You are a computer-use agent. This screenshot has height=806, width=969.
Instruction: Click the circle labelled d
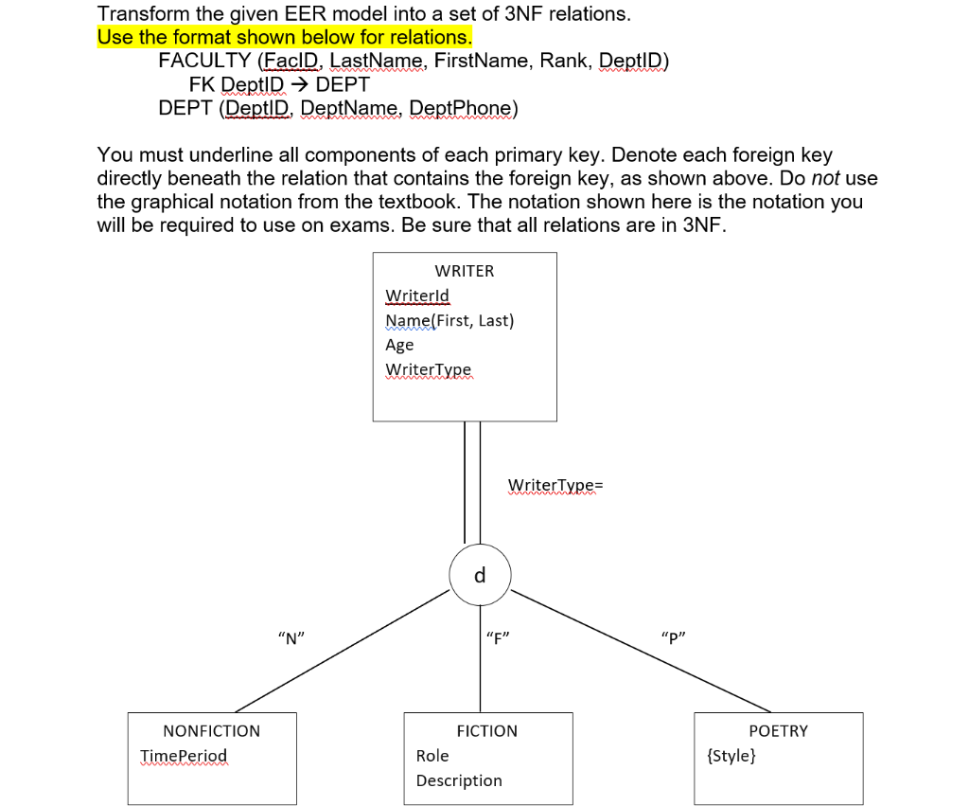(480, 575)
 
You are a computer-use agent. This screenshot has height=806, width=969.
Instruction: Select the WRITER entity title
(465, 271)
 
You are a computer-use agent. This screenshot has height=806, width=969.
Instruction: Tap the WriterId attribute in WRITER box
(417, 296)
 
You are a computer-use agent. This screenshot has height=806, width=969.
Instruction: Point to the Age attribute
(399, 345)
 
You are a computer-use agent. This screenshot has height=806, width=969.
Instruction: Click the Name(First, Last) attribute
(449, 320)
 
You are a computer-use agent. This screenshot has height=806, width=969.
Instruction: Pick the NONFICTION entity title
(212, 731)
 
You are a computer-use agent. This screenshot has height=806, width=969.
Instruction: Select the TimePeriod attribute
(184, 756)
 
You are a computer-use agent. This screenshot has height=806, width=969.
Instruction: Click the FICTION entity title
(487, 731)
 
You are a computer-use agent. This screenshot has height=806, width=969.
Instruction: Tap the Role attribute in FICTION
(432, 756)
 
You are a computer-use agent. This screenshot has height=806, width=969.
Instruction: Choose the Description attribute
(459, 780)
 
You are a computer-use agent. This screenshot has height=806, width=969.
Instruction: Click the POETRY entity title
(779, 731)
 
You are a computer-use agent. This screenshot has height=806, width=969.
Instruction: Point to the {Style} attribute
(731, 756)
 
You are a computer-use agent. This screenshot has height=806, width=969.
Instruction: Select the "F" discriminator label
(497, 637)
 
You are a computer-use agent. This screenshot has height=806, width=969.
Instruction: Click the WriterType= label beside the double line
(555, 486)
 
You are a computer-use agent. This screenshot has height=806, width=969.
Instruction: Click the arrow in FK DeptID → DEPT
(300, 84)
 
